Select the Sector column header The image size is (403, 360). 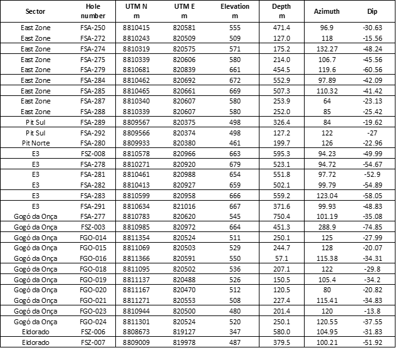click(x=35, y=12)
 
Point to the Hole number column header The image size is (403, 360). click(x=93, y=11)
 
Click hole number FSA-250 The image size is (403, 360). click(x=93, y=28)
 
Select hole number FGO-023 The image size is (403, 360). click(x=93, y=310)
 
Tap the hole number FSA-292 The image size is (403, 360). click(x=93, y=133)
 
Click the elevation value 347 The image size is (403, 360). click(x=235, y=331)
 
